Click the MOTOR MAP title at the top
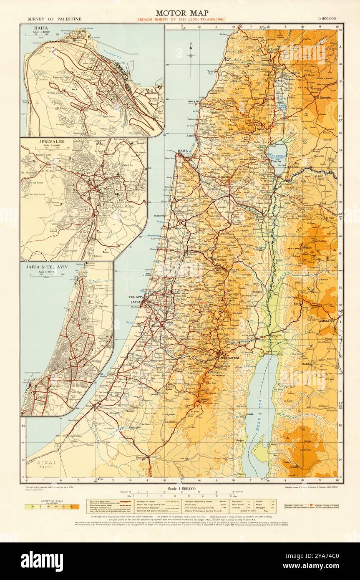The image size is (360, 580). [x=182, y=13]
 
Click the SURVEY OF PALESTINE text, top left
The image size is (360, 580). [x=54, y=19]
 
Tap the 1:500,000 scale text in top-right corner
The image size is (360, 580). [x=330, y=19]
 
